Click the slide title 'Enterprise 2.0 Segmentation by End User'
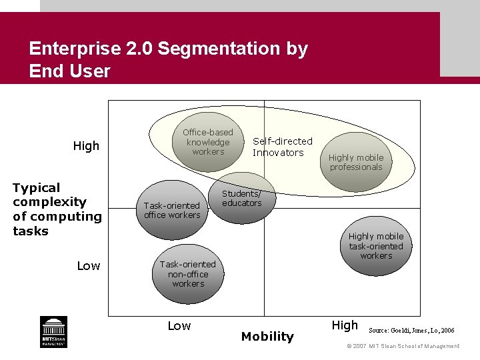click(168, 59)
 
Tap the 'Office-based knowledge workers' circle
click(207, 142)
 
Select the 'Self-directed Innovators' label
click(282, 147)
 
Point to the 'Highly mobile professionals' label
click(356, 163)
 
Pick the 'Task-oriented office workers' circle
click(172, 211)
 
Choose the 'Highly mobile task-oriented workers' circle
click(376, 246)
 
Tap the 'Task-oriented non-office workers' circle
click(188, 274)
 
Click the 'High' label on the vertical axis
click(86, 146)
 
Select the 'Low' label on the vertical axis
click(89, 266)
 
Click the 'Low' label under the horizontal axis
click(179, 326)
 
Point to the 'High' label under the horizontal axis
click(345, 325)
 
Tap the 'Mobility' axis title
click(267, 337)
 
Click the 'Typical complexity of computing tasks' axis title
click(57, 209)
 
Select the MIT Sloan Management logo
click(53, 331)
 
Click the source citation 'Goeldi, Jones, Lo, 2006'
click(411, 330)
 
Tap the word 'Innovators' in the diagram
click(278, 153)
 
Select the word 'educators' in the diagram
click(241, 203)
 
